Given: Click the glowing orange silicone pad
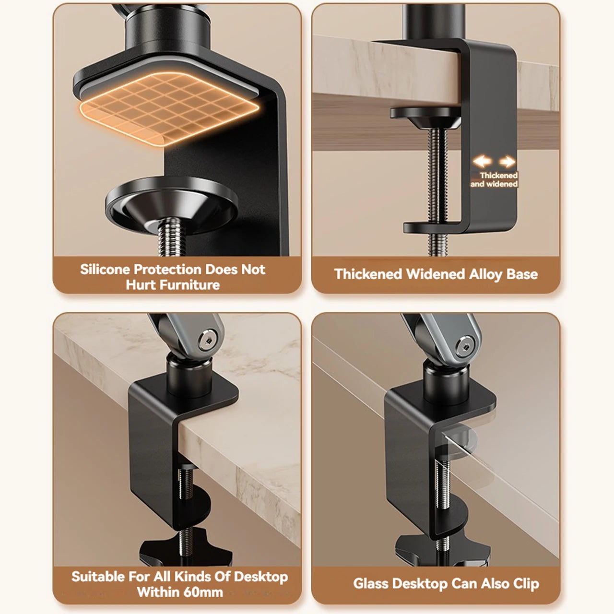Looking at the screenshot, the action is tap(169, 108).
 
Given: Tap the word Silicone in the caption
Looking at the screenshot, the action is tap(105, 270).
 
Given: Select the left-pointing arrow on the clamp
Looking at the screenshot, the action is tap(483, 161).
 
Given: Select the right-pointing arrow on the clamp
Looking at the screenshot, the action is tap(507, 162).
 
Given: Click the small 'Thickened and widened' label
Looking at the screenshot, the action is tap(494, 180).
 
